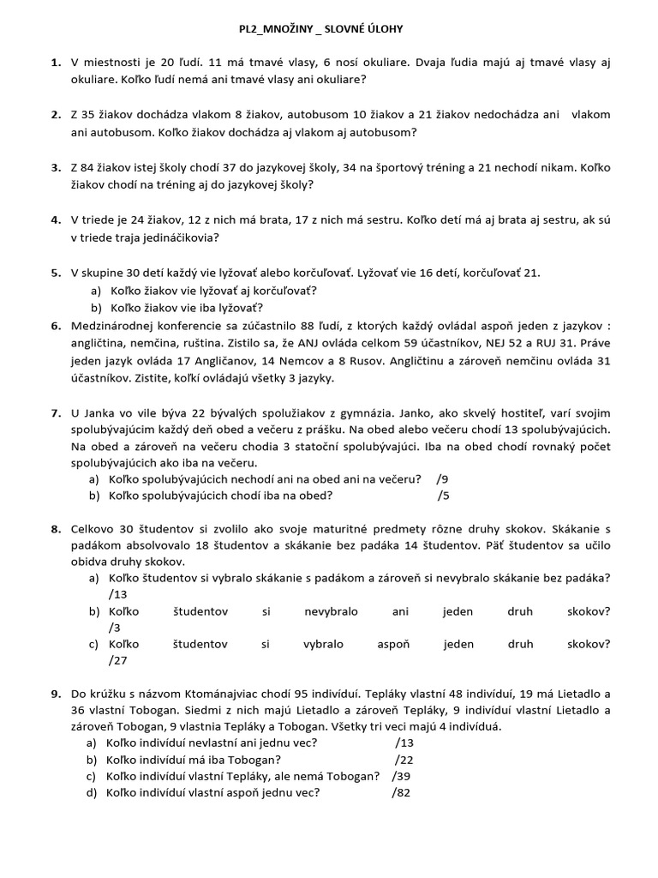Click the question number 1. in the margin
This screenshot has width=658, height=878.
pyautogui.click(x=56, y=63)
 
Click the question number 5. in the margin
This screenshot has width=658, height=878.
pyautogui.click(x=56, y=273)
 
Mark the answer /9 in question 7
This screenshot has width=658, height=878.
pyautogui.click(x=442, y=478)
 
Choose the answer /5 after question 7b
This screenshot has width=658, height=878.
pyautogui.click(x=442, y=496)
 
